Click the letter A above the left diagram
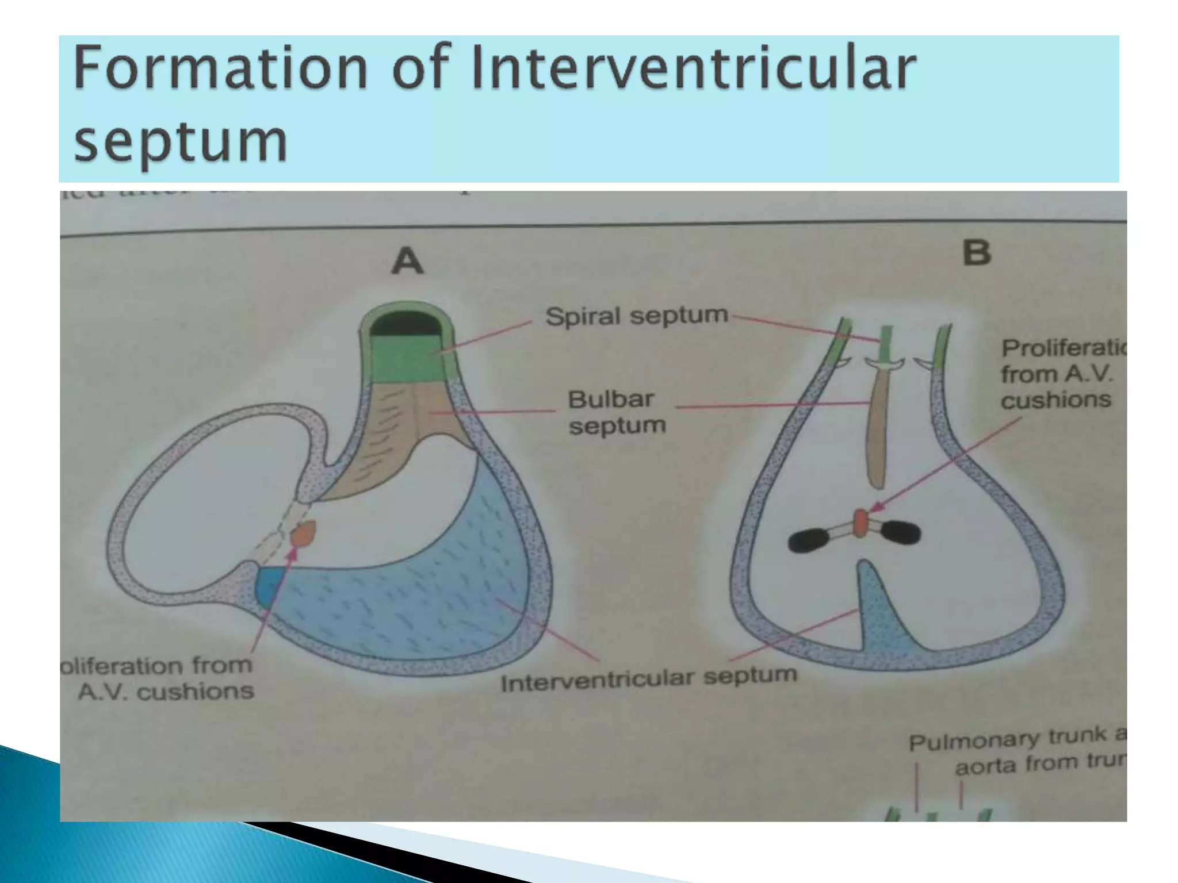pyautogui.click(x=407, y=261)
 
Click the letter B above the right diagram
pyautogui.click(x=977, y=253)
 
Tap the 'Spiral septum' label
pyautogui.click(x=637, y=316)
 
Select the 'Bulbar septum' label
pyautogui.click(x=615, y=412)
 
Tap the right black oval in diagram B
pyautogui.click(x=901, y=532)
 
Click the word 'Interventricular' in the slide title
pyautogui.click(x=693, y=69)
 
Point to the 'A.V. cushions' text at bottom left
pyautogui.click(x=166, y=692)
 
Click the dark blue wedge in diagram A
pyautogui.click(x=268, y=586)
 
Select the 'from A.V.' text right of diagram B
pyautogui.click(x=1057, y=374)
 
